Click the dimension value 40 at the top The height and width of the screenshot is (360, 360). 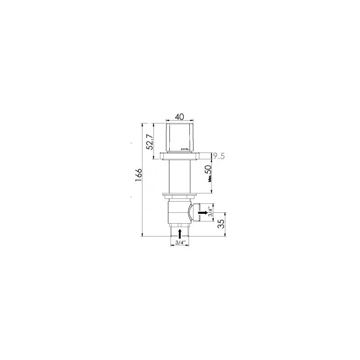click(180, 117)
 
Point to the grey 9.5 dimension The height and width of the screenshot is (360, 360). click(218, 156)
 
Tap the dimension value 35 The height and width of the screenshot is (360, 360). click(221, 224)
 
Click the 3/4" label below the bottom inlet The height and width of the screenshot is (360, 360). click(180, 243)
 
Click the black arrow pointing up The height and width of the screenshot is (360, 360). click(180, 233)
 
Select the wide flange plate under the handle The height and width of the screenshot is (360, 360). click(180, 156)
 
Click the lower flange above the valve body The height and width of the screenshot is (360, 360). click(180, 195)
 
